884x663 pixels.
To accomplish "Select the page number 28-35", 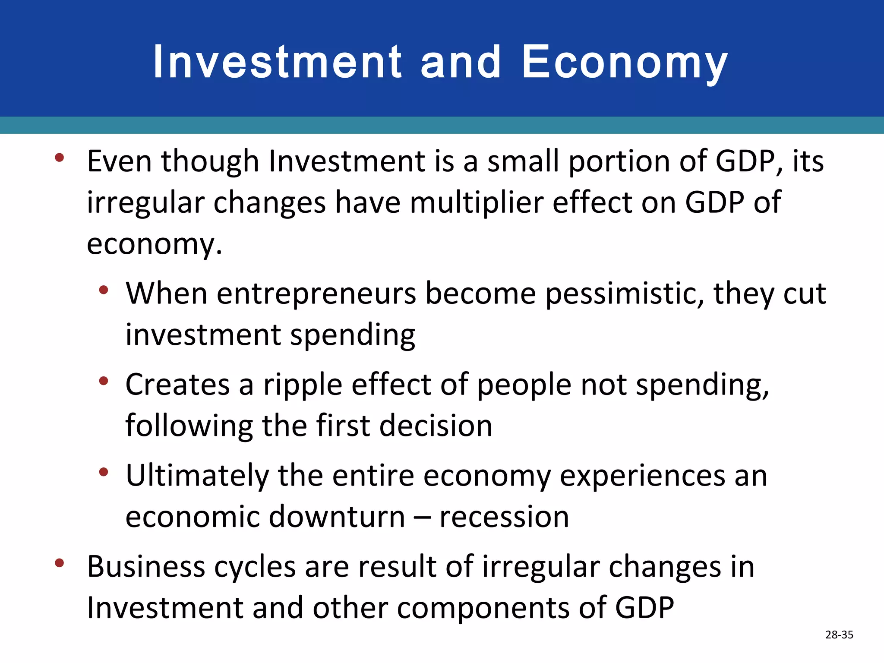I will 839,635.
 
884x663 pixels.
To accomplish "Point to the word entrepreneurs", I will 316,294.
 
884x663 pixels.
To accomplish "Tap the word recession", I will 504,517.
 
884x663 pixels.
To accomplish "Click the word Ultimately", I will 197,476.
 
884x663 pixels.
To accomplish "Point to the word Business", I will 146,567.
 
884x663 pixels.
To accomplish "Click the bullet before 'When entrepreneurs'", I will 103,290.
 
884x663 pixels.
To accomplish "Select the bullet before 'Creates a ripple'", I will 103,381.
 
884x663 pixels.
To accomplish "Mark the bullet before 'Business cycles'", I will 60,563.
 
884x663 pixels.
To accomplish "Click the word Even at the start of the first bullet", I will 119,161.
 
